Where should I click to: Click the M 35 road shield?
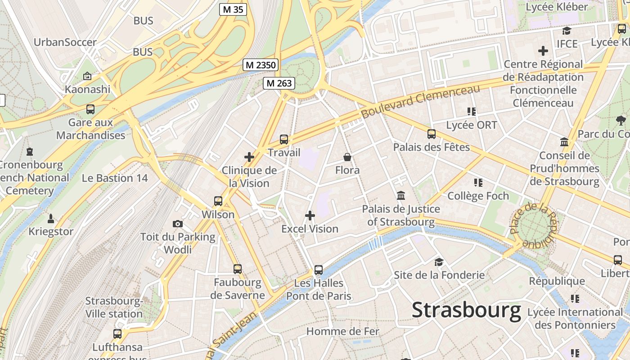(x=233, y=9)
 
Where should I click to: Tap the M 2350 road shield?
(x=261, y=65)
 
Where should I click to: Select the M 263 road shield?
(x=279, y=83)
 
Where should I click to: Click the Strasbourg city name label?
(x=466, y=310)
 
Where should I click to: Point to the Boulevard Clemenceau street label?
(x=421, y=102)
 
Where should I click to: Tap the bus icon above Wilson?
(x=218, y=201)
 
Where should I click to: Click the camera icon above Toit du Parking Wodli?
(x=178, y=224)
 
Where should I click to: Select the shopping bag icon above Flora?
(x=347, y=157)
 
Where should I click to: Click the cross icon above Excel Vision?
(x=310, y=216)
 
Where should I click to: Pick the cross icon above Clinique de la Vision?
(x=249, y=157)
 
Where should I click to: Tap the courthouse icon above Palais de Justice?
(x=401, y=196)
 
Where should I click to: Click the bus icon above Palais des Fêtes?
(x=432, y=134)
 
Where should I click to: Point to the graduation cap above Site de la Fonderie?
(x=439, y=262)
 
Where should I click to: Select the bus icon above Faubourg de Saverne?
(x=238, y=269)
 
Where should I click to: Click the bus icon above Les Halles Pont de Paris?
(x=319, y=270)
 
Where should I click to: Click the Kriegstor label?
(x=51, y=231)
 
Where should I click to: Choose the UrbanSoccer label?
(x=65, y=42)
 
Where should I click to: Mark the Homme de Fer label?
(x=343, y=332)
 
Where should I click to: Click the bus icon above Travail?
(x=284, y=139)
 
